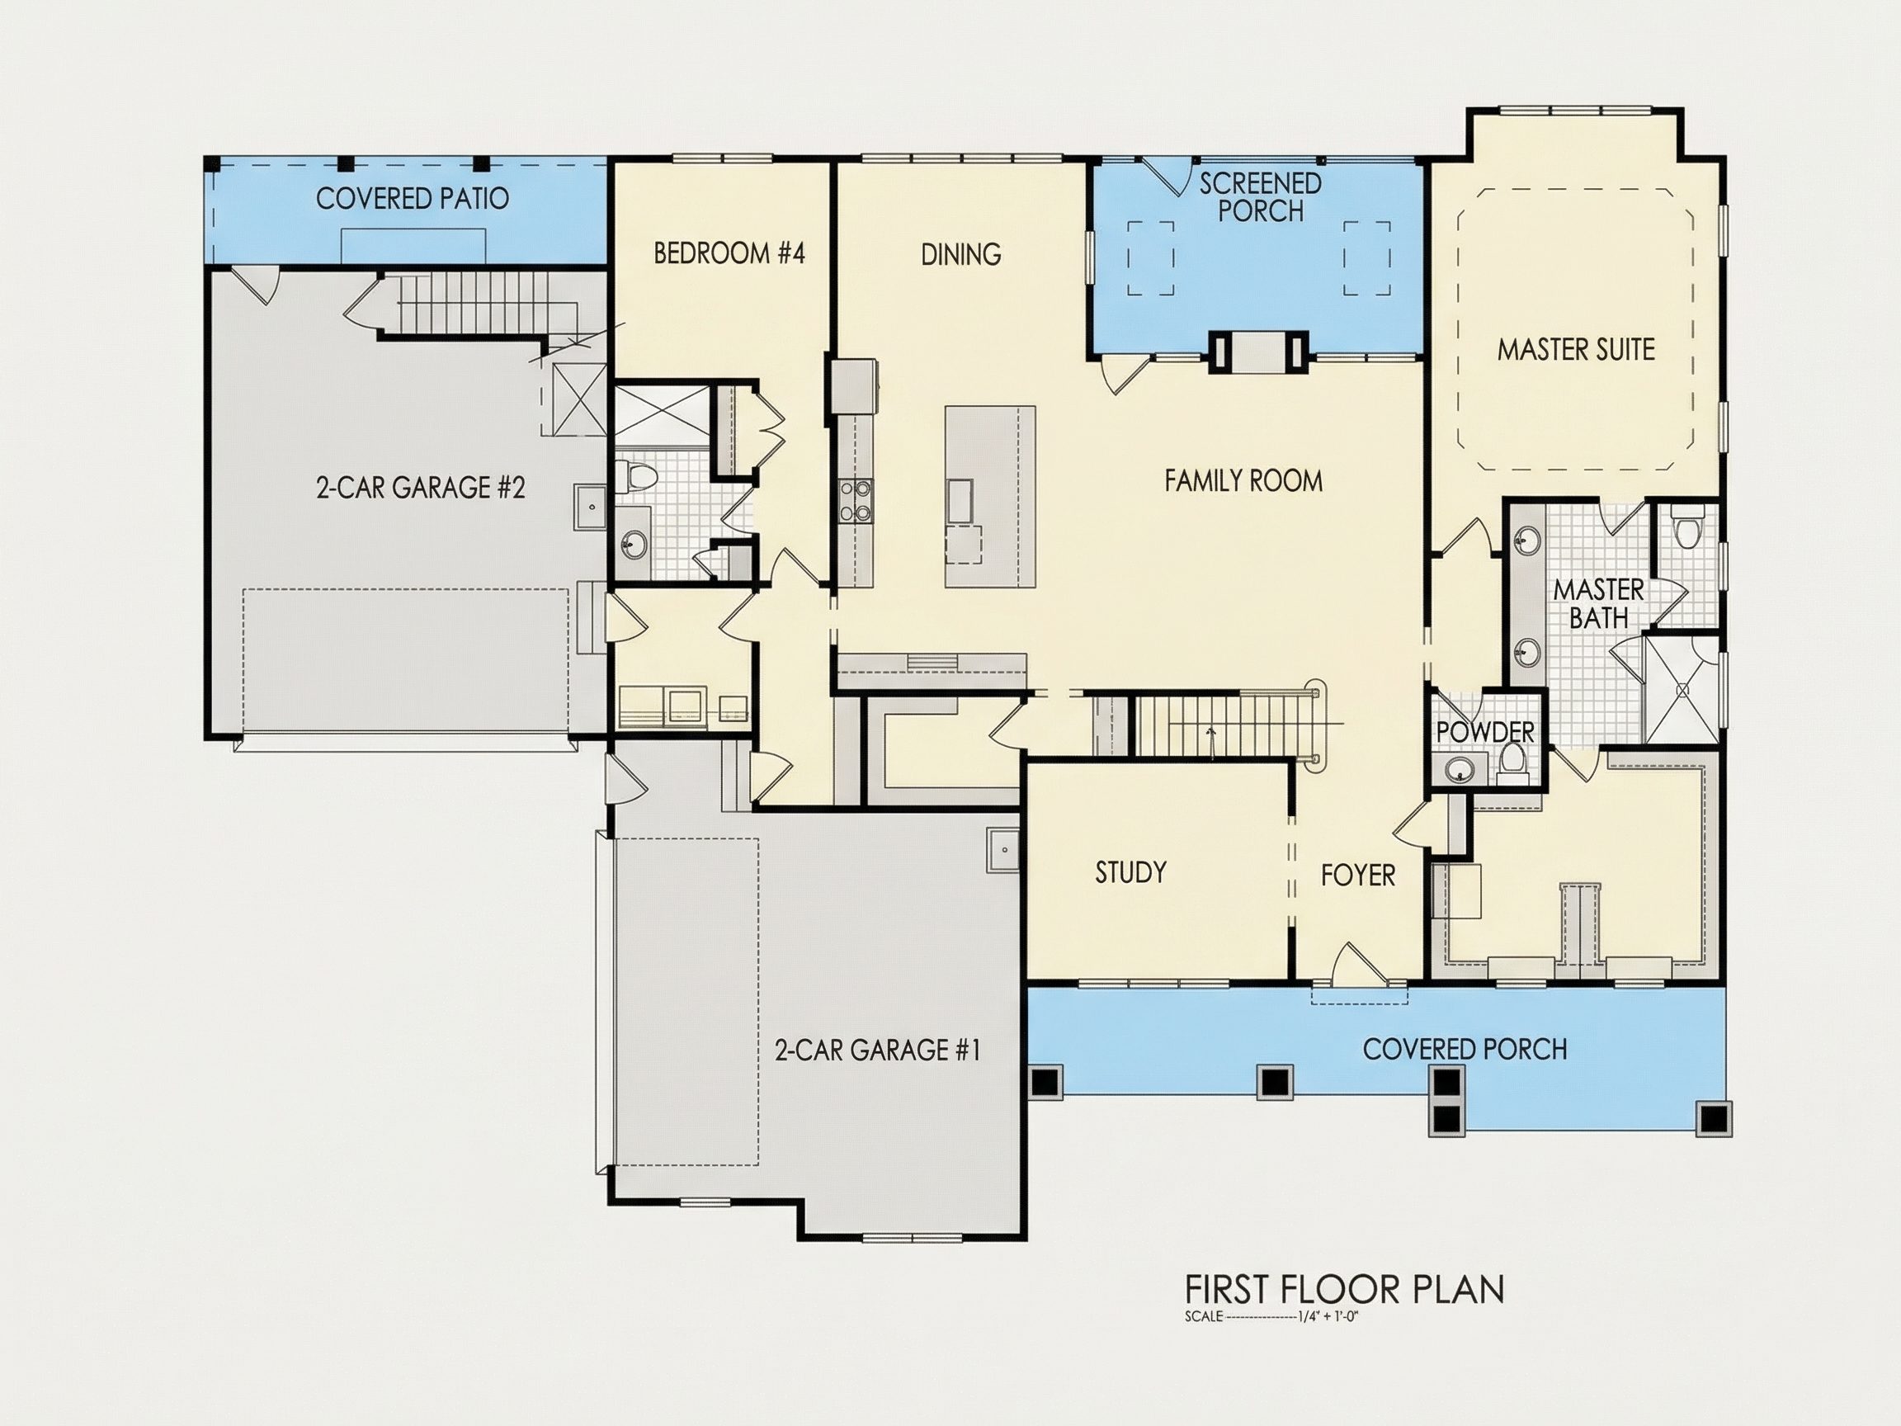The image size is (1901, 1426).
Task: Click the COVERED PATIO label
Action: point(413,199)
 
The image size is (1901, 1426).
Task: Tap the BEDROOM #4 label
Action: point(729,253)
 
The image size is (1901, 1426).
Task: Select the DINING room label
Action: point(960,254)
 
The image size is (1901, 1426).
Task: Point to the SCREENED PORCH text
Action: point(1260,197)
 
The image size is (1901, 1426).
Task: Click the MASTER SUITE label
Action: point(1575,350)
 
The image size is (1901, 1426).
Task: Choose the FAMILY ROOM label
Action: point(1243,480)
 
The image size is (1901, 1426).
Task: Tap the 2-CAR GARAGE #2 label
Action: point(420,489)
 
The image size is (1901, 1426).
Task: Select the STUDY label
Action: point(1130,872)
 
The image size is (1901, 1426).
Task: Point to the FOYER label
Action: point(1358,875)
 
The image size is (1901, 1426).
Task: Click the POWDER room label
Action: point(1485,732)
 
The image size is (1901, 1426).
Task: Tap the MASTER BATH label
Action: point(1598,603)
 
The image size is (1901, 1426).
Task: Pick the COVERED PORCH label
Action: point(1465,1049)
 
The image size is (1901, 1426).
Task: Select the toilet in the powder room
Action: point(1512,764)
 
